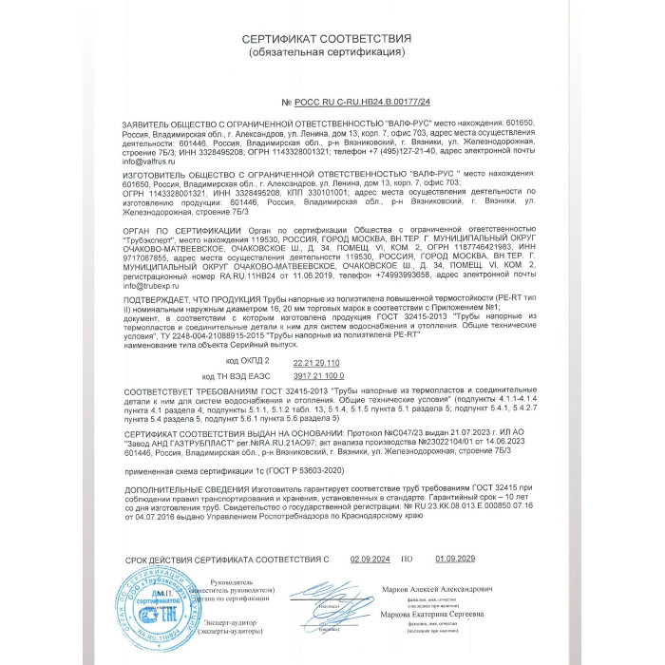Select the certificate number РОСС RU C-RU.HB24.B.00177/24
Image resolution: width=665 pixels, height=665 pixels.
[356, 100]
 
